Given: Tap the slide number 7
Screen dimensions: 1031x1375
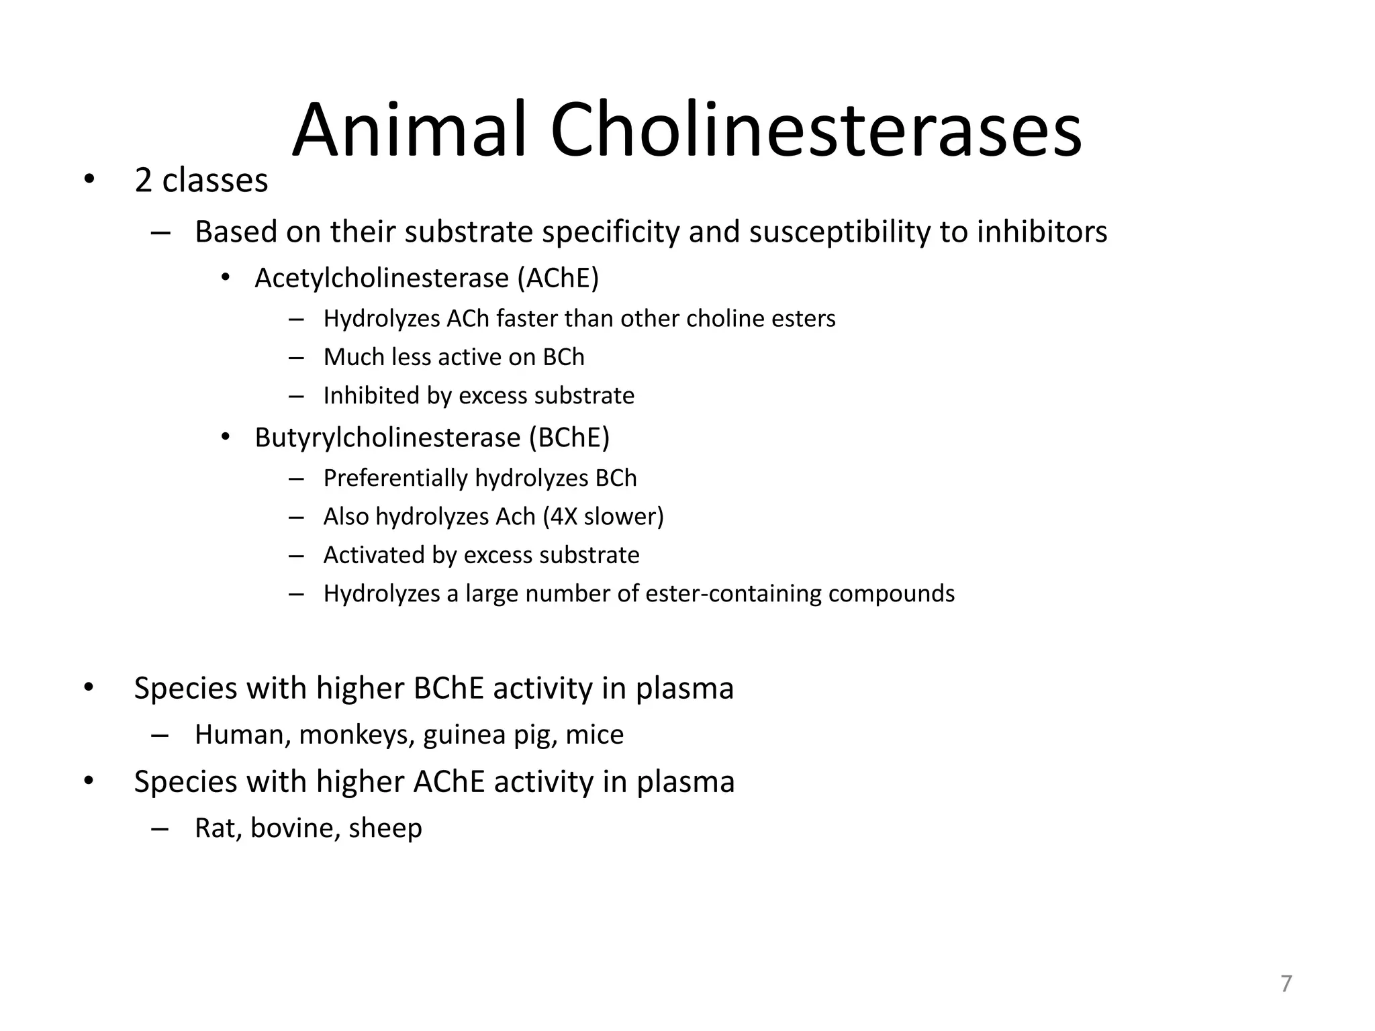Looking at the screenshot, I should pyautogui.click(x=1286, y=983).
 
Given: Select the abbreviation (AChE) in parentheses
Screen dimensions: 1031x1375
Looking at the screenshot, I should pyautogui.click(x=557, y=278).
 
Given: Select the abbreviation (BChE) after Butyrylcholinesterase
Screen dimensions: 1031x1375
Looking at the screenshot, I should pyautogui.click(x=569, y=438).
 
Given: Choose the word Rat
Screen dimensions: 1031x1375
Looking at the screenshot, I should pyautogui.click(x=218, y=828).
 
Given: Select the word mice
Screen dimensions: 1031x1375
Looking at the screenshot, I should pyautogui.click(x=594, y=735).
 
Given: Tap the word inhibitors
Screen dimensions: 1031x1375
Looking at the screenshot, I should pyautogui.click(x=1041, y=232).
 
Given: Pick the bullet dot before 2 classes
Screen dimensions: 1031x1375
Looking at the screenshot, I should pyautogui.click(x=89, y=181).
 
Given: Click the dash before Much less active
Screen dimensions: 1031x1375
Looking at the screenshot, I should pyautogui.click(x=296, y=358).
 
